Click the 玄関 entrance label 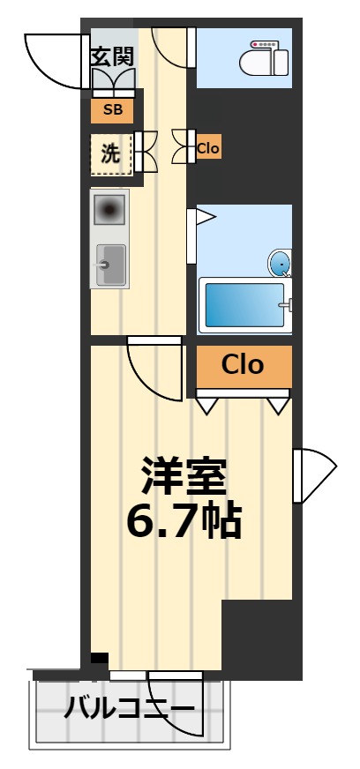tap(112, 57)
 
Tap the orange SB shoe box tap(112, 110)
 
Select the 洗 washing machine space tap(111, 153)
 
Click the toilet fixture tap(265, 58)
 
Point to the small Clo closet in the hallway tap(208, 148)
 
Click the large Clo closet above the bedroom tap(243, 365)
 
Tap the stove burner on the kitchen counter tap(110, 211)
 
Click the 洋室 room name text tap(184, 476)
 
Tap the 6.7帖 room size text tap(184, 522)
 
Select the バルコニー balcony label tap(130, 709)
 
